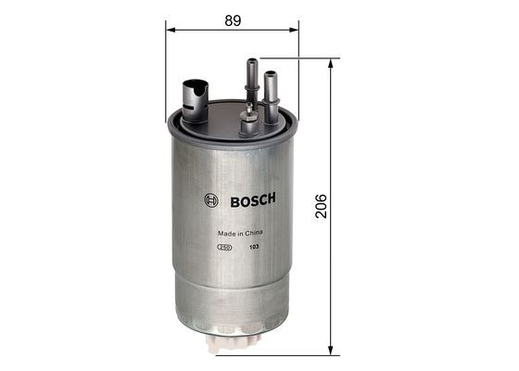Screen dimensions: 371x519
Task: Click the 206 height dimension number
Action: pos(321,206)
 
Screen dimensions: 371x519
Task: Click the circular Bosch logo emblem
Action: pos(210,200)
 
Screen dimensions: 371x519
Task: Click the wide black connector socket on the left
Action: pos(195,96)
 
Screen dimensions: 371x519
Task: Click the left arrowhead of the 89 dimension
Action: pos(171,30)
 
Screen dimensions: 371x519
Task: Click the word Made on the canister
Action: pos(224,234)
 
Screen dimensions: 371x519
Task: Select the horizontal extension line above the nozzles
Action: pos(297,58)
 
